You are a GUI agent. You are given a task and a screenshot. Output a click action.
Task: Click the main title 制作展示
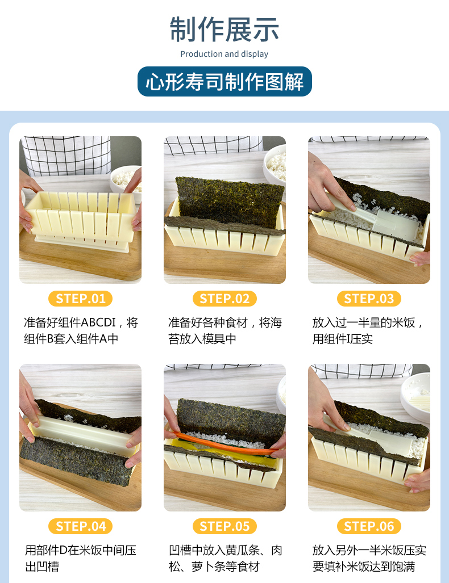pyautogui.click(x=224, y=30)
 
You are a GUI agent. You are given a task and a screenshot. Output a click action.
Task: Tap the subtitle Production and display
pyautogui.click(x=224, y=54)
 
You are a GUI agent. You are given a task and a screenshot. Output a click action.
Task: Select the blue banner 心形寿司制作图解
pyautogui.click(x=224, y=81)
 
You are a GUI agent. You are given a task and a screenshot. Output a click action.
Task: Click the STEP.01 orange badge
pyautogui.click(x=80, y=299)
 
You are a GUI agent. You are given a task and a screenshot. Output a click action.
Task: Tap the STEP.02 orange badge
pyautogui.click(x=224, y=299)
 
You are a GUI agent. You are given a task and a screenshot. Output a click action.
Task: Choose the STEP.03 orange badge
pyautogui.click(x=369, y=299)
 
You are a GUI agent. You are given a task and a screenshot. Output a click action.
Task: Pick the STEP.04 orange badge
pyautogui.click(x=80, y=526)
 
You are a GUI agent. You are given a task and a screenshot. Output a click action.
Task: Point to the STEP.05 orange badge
pyautogui.click(x=224, y=526)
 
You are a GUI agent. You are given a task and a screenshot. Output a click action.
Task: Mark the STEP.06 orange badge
pyautogui.click(x=369, y=526)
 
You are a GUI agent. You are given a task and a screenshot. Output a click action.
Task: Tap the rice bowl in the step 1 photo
pyautogui.click(x=127, y=182)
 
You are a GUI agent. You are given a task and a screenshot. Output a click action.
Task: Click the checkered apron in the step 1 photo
pyautogui.click(x=67, y=156)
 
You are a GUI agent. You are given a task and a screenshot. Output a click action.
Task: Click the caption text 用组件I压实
pyautogui.click(x=343, y=339)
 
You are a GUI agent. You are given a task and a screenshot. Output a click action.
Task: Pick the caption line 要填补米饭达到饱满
pyautogui.click(x=363, y=567)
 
